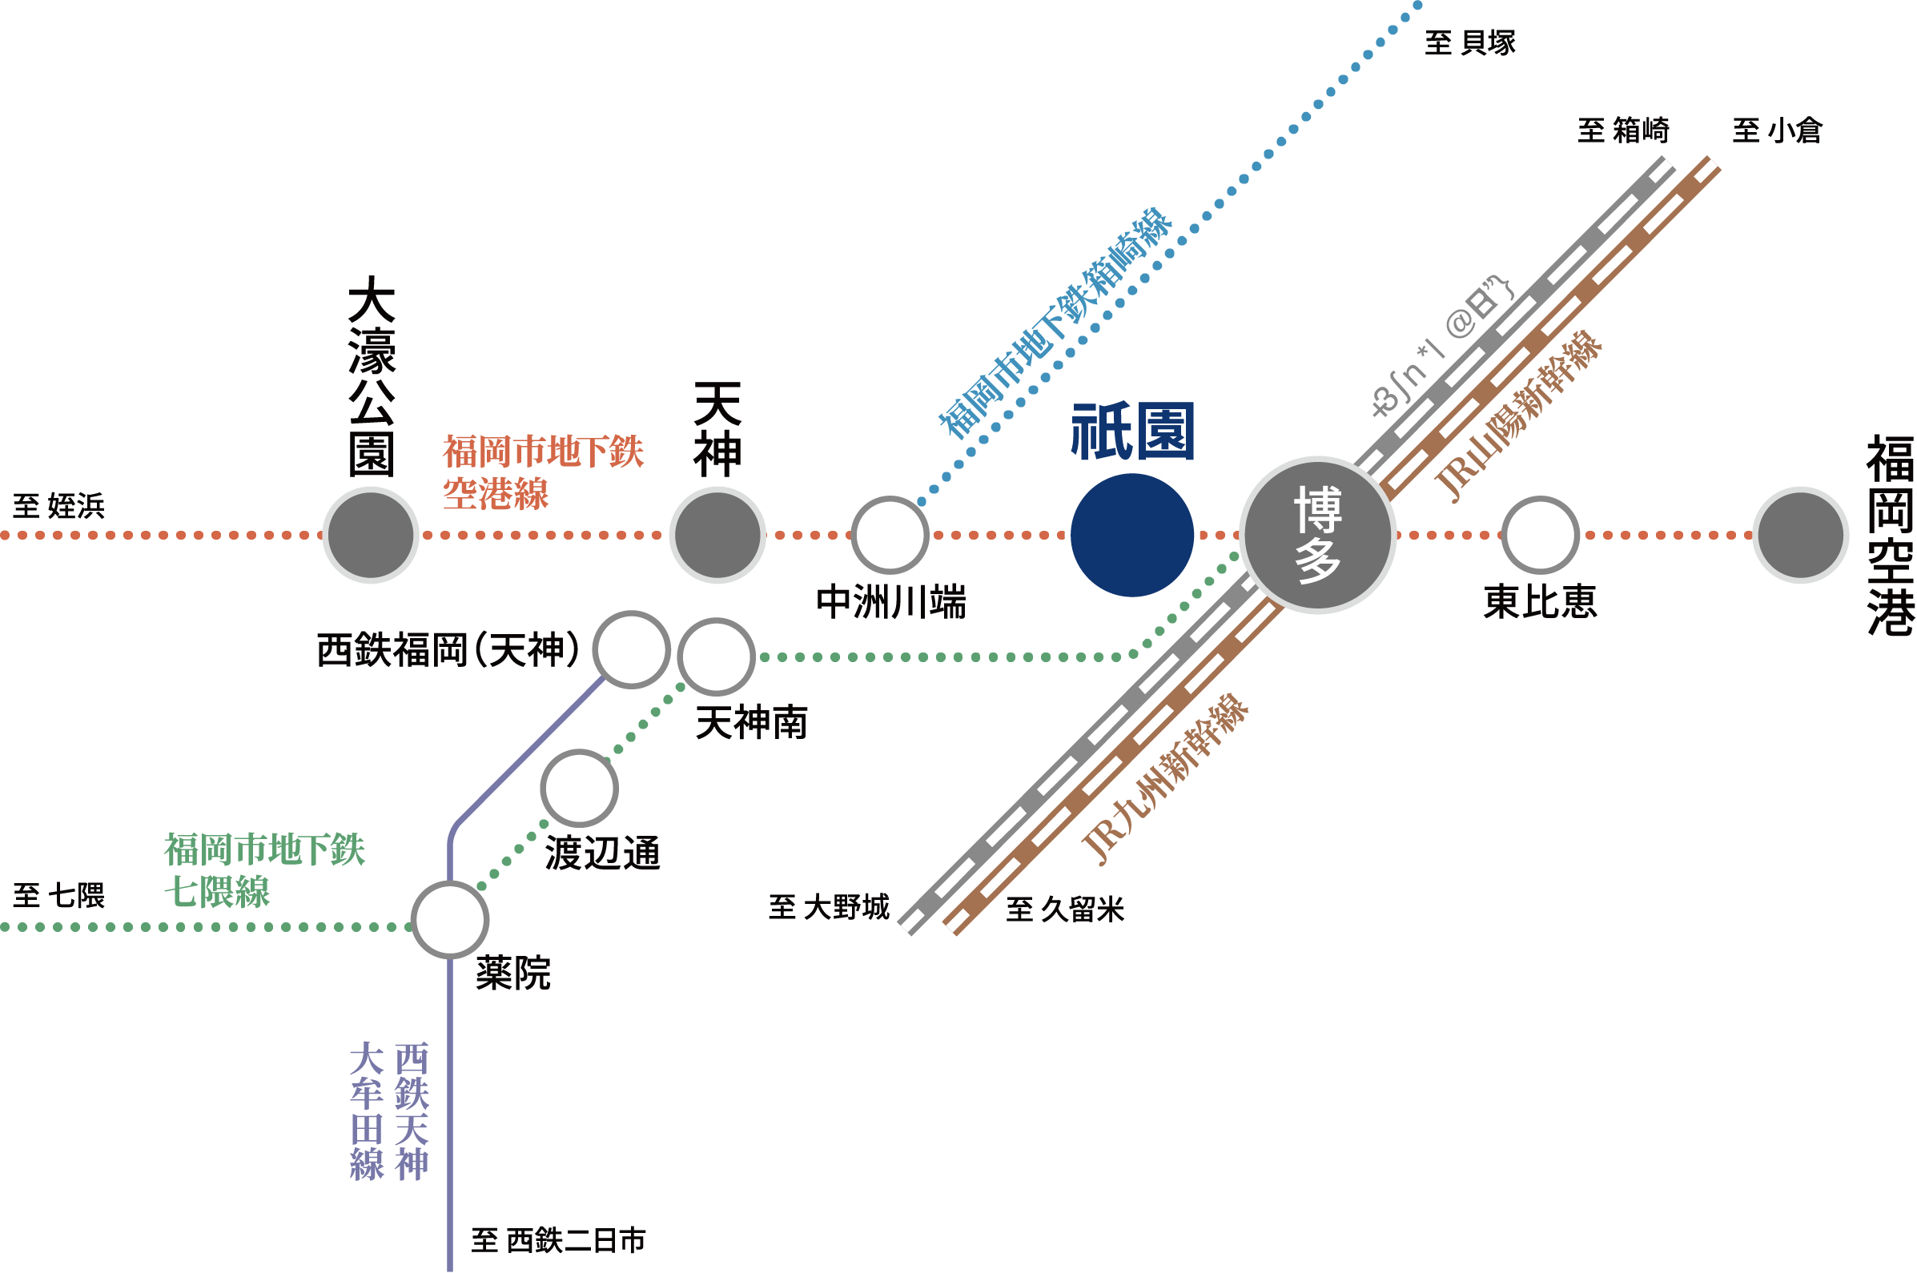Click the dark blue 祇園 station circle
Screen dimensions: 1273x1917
point(1131,535)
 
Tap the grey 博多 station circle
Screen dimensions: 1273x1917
point(1317,535)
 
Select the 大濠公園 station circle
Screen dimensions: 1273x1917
point(370,535)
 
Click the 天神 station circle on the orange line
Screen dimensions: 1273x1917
point(717,535)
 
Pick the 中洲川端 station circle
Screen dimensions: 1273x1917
point(889,535)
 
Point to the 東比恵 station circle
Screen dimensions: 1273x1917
point(1540,535)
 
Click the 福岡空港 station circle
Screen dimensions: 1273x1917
point(1800,535)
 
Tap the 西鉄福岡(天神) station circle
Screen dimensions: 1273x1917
point(631,649)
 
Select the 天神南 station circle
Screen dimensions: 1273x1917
point(716,657)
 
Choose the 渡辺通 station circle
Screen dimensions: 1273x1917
point(579,788)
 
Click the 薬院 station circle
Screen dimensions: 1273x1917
point(450,920)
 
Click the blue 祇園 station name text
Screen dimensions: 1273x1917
point(1131,432)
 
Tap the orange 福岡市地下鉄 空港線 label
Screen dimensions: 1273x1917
point(542,472)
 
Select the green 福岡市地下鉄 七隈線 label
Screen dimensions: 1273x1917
point(264,870)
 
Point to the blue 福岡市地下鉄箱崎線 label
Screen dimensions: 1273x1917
point(1055,323)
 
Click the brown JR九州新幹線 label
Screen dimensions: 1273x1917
point(1166,779)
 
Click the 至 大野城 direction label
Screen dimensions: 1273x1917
point(828,907)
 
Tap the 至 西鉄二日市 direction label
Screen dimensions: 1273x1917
point(559,1240)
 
